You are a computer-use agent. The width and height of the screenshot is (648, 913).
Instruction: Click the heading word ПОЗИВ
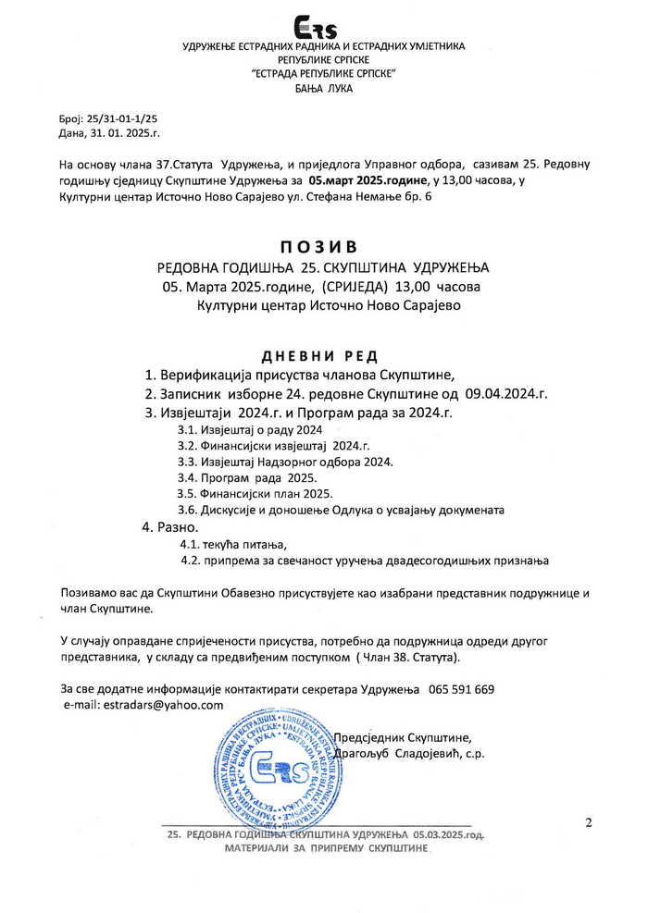coord(323,248)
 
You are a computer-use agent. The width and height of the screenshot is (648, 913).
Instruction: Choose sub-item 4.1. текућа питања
coord(235,544)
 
